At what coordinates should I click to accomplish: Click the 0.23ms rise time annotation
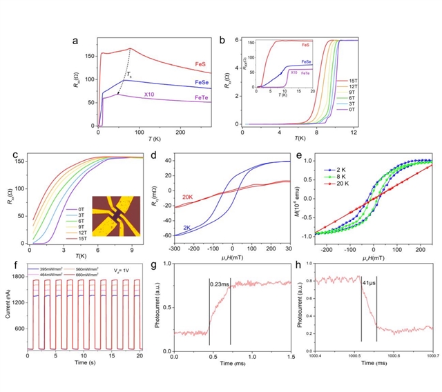[x=221, y=282]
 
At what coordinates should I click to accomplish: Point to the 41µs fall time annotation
[x=369, y=283]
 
